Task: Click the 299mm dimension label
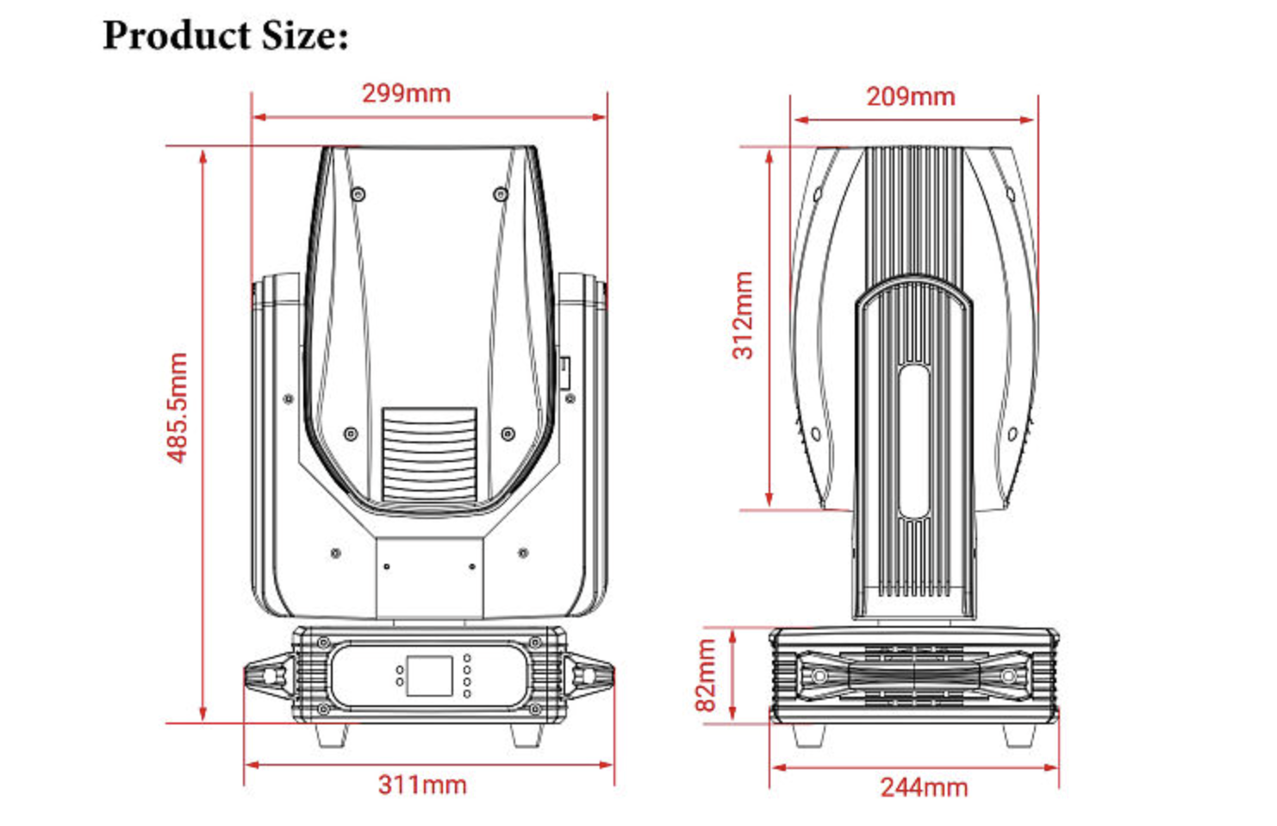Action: click(406, 94)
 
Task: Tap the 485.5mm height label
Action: click(178, 408)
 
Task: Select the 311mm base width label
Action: click(422, 785)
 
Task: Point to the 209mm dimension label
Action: click(911, 97)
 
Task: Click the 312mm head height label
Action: click(743, 316)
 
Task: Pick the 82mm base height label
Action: click(706, 675)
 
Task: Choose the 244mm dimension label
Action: click(924, 788)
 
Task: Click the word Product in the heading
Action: click(177, 35)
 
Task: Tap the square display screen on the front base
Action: click(429, 676)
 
